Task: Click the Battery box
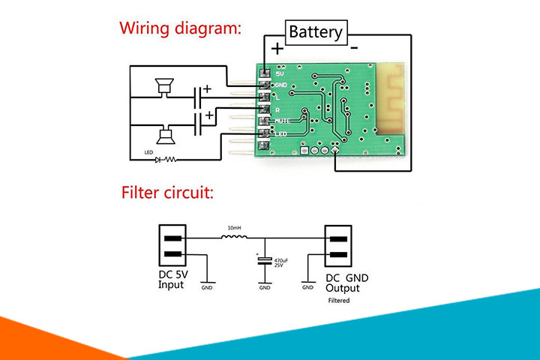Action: [316, 31]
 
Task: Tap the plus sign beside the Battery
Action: [277, 49]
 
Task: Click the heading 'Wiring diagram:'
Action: [181, 29]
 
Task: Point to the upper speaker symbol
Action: [163, 88]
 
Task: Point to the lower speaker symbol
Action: [163, 136]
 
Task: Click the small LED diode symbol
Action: [157, 159]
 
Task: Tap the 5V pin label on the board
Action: [280, 73]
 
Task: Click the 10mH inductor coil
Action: [234, 238]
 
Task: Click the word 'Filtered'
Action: [339, 301]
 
